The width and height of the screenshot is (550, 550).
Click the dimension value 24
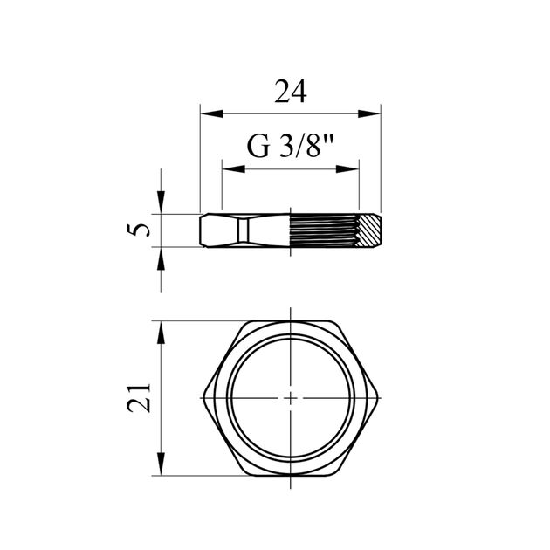click(291, 92)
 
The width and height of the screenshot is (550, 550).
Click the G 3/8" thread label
click(291, 147)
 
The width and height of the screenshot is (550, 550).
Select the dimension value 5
click(138, 230)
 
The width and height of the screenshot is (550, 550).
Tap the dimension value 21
click(138, 398)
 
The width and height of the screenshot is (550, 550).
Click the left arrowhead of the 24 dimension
click(211, 113)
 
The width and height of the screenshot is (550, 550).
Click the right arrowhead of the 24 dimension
click(369, 113)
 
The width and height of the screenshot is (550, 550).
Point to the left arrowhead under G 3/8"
click(234, 169)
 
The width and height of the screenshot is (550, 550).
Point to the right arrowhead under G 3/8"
click(347, 169)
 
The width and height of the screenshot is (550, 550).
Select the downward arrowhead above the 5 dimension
click(161, 202)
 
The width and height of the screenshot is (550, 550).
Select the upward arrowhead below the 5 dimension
click(161, 258)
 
